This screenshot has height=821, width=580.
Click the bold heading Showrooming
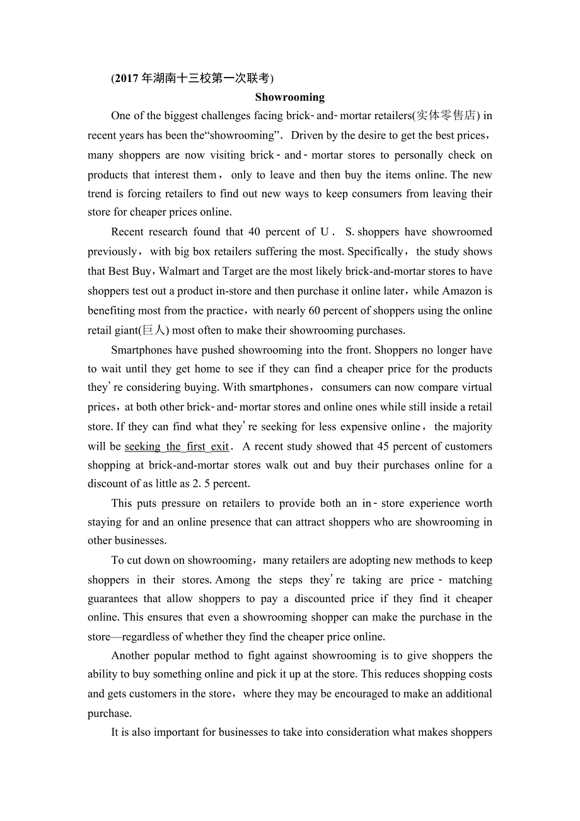click(x=289, y=97)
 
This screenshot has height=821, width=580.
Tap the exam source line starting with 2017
click(x=193, y=79)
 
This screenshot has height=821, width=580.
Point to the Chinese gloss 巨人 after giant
click(x=154, y=330)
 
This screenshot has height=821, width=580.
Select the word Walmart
click(x=180, y=271)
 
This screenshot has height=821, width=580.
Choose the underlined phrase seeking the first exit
click(x=177, y=446)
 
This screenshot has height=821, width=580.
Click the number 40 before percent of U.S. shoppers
click(x=254, y=232)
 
